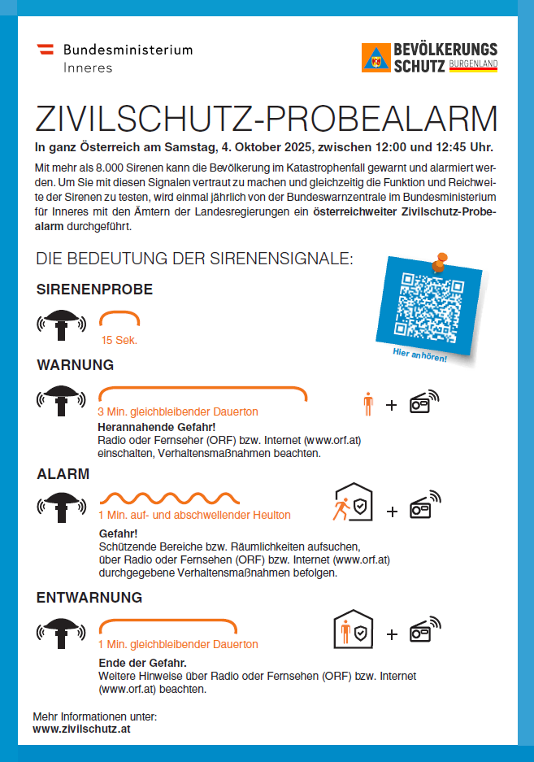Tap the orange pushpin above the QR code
pyautogui.click(x=440, y=262)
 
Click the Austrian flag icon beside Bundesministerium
pyautogui.click(x=48, y=50)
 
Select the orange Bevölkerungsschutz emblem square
pyautogui.click(x=376, y=59)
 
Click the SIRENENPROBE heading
pyautogui.click(x=94, y=290)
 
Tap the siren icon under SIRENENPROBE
pyautogui.click(x=60, y=323)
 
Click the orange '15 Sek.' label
pyautogui.click(x=119, y=340)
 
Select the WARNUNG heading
pyautogui.click(x=75, y=364)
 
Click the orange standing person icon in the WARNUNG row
pyautogui.click(x=368, y=403)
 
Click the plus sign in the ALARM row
pyautogui.click(x=392, y=512)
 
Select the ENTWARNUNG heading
pyautogui.click(x=89, y=598)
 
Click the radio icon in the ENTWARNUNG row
pyautogui.click(x=423, y=630)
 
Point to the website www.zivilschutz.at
pyautogui.click(x=81, y=729)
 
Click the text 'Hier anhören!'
pyautogui.click(x=419, y=355)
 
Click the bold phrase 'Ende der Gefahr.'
pyautogui.click(x=142, y=663)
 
